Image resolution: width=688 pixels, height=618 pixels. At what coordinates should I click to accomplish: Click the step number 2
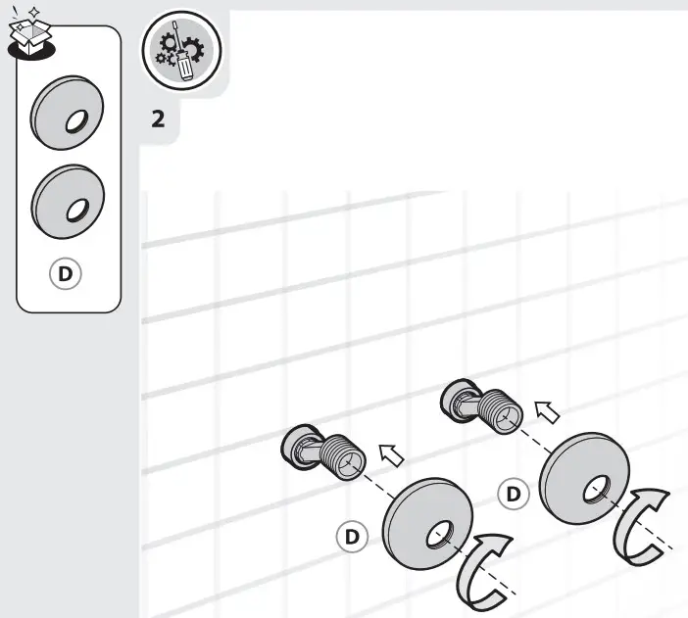(158, 120)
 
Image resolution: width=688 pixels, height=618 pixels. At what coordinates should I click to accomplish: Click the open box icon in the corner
(30, 29)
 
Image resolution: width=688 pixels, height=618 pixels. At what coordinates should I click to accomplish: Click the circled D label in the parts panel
(66, 273)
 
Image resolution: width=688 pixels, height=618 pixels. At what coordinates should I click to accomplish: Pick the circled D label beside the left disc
(351, 536)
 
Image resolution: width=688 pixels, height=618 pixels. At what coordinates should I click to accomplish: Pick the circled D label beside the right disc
(514, 493)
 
